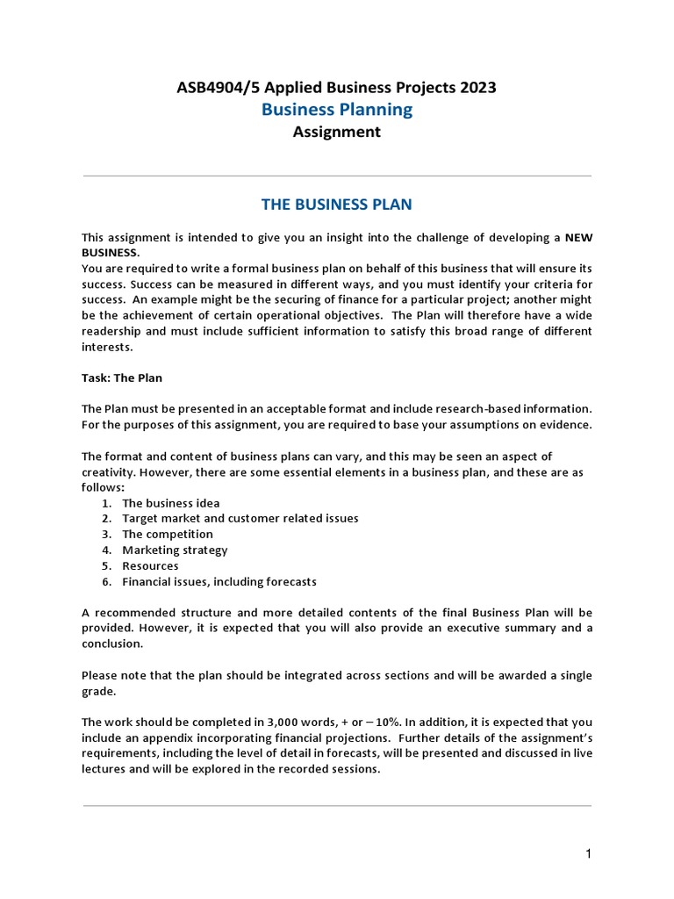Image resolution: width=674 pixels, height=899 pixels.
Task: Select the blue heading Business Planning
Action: pyautogui.click(x=337, y=109)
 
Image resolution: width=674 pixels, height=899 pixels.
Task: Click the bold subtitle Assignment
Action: pyautogui.click(x=337, y=132)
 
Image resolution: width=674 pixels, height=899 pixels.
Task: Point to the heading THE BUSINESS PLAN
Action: pyautogui.click(x=337, y=205)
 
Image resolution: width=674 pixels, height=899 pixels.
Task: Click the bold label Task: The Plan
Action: pyautogui.click(x=122, y=378)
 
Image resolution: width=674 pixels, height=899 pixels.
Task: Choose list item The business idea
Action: pyautogui.click(x=171, y=503)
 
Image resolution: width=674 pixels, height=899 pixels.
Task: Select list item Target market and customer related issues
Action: pyautogui.click(x=240, y=518)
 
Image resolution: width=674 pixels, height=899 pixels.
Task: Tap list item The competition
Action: pyautogui.click(x=168, y=534)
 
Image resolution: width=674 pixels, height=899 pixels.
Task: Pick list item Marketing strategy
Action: pyautogui.click(x=175, y=550)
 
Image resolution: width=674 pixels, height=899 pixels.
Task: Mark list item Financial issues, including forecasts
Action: pyautogui.click(x=219, y=581)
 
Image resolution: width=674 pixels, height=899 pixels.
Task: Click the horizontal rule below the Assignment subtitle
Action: pyautogui.click(x=337, y=176)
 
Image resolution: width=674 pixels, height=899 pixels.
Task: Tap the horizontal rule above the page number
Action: pyautogui.click(x=337, y=805)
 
